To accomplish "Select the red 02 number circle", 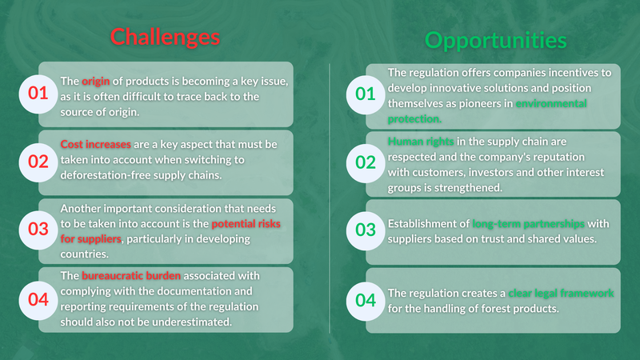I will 38,162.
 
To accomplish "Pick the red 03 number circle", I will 38,229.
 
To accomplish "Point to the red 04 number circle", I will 38,298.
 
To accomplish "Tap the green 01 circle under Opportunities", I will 365,94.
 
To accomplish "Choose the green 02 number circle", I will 365,162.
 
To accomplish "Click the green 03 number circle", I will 365,230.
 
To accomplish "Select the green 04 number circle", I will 365,301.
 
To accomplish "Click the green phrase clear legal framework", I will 563,294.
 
